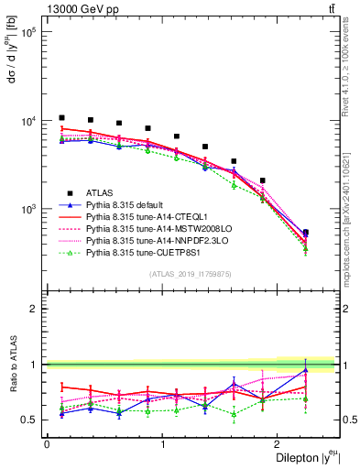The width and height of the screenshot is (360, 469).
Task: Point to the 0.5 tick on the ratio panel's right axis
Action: [x=349, y=420]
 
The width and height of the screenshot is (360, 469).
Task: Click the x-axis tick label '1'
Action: [x=162, y=444]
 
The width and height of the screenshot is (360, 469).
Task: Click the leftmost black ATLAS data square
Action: [x=61, y=117]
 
